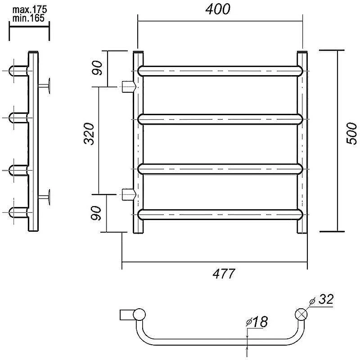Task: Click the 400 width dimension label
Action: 217,9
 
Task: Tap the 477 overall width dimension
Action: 224,274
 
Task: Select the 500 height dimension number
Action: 351,133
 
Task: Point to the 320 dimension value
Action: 89,134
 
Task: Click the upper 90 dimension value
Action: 97,68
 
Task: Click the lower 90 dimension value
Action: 96,213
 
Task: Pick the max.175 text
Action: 30,9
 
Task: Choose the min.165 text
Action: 28,18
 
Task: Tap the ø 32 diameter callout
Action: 321,299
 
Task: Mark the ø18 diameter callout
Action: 256,321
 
